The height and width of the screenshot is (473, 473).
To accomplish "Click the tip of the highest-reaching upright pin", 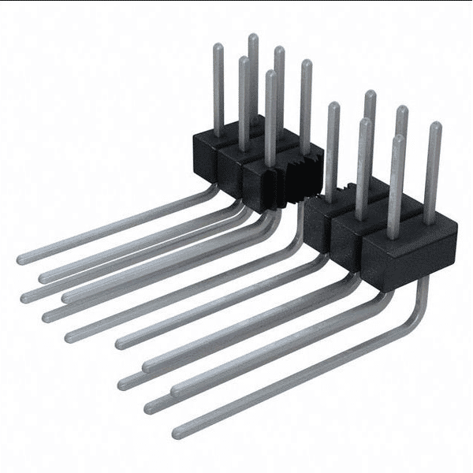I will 253,37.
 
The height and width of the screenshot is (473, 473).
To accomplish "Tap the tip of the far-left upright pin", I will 218,47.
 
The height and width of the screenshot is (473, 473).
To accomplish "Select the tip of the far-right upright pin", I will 435,125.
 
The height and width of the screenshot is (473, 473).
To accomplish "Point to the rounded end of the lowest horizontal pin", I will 178,432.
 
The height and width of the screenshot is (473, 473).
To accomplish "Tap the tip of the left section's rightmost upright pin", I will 306,63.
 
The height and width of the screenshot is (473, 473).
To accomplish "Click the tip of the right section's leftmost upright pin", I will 333,106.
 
